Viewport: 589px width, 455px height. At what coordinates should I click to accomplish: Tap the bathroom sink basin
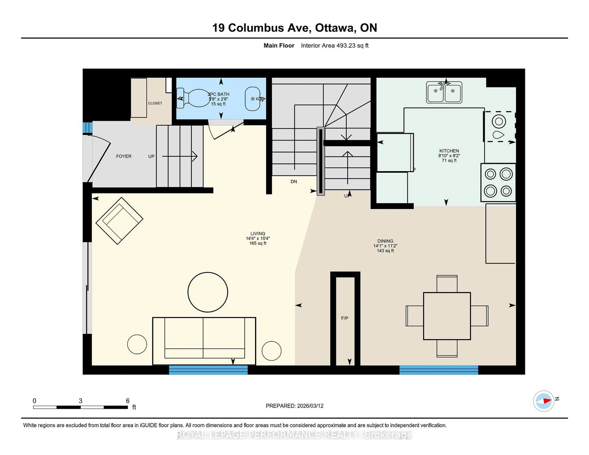(252, 99)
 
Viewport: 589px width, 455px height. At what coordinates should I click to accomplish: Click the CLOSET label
(155, 103)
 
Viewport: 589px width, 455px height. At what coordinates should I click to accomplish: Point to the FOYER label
(124, 156)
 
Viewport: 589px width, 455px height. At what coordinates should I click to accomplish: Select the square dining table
(447, 316)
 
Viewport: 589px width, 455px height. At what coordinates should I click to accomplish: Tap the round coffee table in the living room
(208, 292)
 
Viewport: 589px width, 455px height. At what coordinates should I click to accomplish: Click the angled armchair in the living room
(119, 221)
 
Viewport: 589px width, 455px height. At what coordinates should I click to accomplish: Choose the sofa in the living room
(204, 341)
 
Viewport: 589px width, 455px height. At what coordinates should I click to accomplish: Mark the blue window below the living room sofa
(208, 370)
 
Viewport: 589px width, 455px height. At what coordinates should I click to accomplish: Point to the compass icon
(543, 401)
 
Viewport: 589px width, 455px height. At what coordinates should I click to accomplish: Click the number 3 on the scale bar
(80, 401)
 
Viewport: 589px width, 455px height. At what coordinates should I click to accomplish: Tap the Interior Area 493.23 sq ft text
(335, 46)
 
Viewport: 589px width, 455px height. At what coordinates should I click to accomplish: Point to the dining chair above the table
(447, 284)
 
